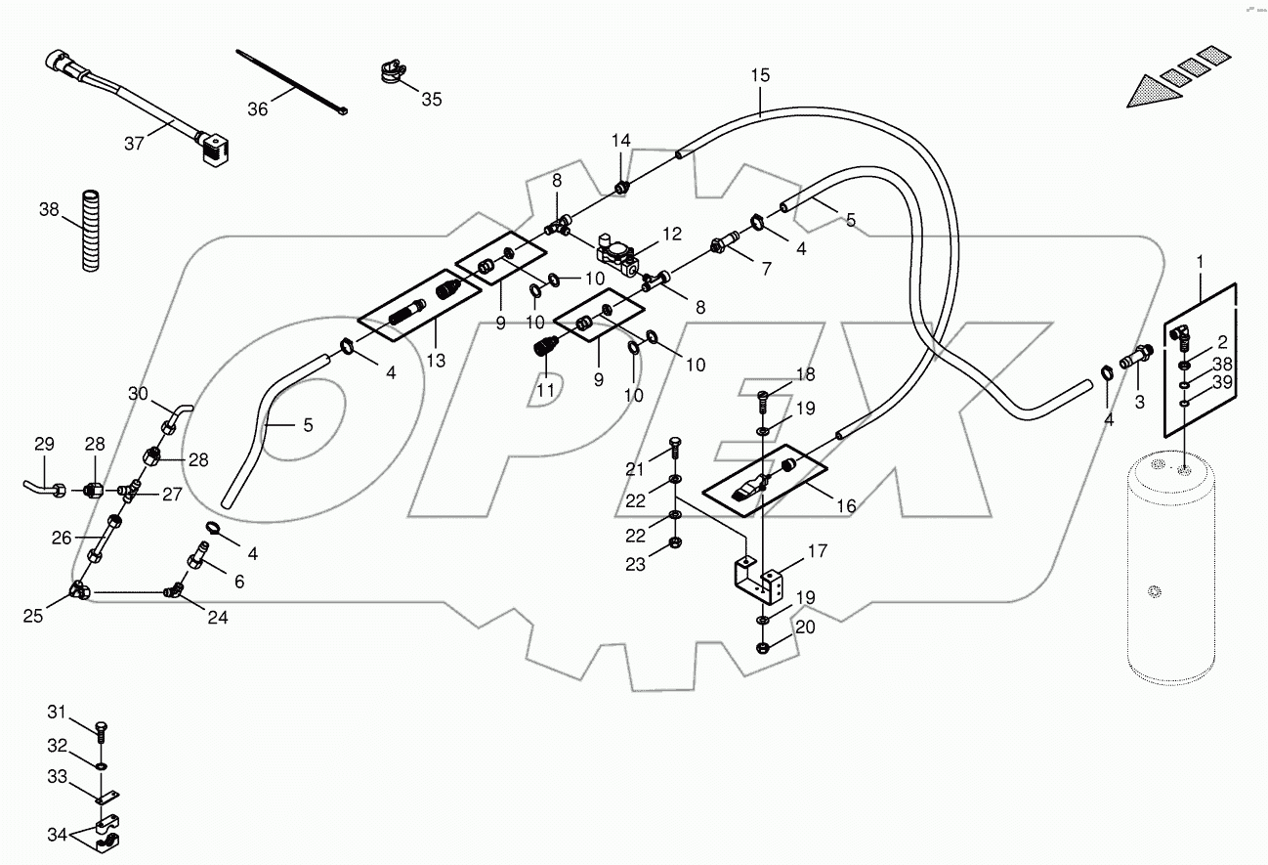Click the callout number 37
[134, 143]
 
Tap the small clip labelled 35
[389, 74]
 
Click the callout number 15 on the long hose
[760, 75]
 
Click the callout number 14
[622, 142]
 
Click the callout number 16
[846, 505]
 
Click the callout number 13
[435, 361]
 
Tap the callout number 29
[45, 445]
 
